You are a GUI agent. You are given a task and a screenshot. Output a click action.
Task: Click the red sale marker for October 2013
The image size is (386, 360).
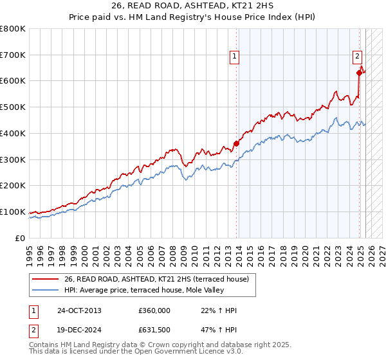(x=236, y=143)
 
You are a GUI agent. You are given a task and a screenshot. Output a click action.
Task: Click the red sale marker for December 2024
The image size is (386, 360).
(x=359, y=73)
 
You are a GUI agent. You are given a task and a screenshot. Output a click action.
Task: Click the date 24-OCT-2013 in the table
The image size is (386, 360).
(x=79, y=310)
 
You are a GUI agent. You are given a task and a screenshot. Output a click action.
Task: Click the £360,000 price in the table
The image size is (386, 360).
(x=154, y=310)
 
